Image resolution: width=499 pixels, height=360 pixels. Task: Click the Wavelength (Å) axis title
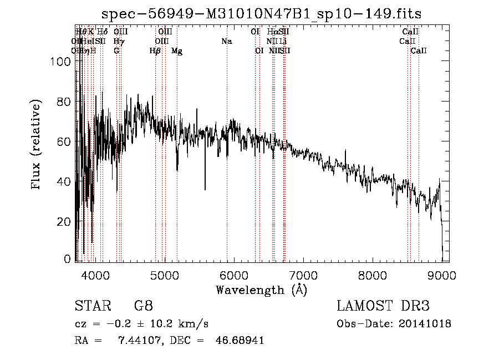coord(261,290)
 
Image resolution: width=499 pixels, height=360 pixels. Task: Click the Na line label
coord(226,41)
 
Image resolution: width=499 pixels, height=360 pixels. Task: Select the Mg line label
coord(177,51)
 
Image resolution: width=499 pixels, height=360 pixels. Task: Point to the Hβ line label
coord(155,51)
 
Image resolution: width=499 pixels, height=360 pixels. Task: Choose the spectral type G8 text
coord(143,306)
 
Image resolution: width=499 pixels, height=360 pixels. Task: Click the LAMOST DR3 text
coord(383,306)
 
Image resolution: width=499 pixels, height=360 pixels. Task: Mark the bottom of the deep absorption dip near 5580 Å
coord(205,190)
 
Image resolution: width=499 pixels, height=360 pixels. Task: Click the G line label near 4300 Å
coord(116,51)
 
